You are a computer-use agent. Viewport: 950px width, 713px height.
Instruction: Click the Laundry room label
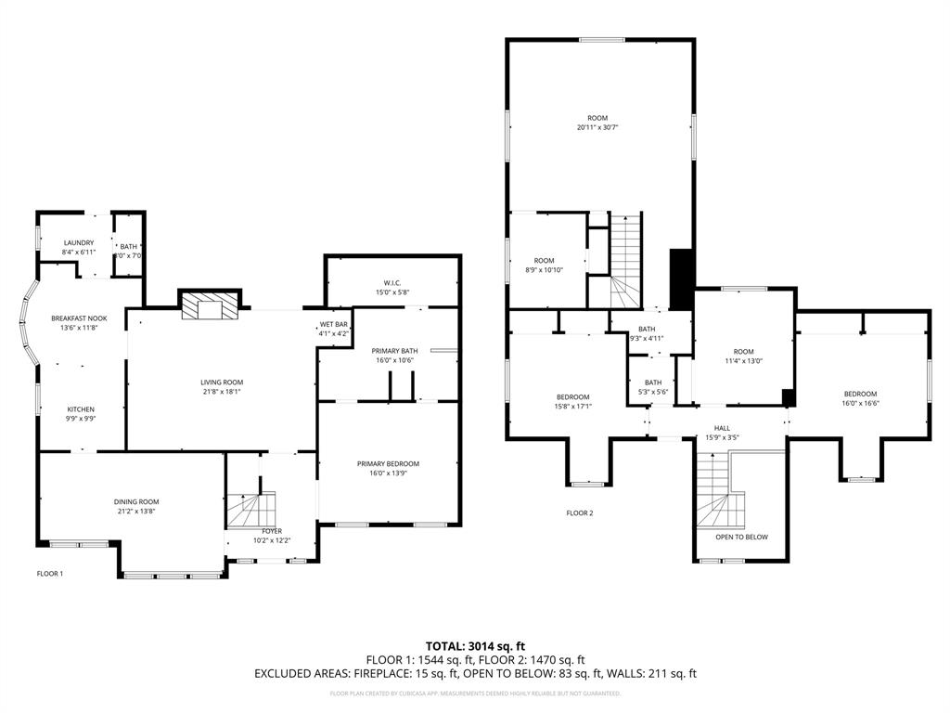pos(78,243)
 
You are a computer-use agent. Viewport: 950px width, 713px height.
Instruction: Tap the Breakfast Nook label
pos(79,318)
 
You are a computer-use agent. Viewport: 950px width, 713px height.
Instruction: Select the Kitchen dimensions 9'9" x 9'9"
pos(80,419)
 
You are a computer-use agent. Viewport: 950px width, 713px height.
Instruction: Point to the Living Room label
pos(222,382)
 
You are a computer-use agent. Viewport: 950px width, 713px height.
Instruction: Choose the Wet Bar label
pos(334,324)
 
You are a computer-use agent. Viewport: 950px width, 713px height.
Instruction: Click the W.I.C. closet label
pos(391,282)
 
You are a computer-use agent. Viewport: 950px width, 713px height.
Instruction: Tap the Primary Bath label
pos(394,350)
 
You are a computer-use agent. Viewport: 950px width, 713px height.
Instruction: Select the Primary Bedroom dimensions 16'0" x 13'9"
pos(388,473)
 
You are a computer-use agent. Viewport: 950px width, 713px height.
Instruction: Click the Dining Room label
pos(136,501)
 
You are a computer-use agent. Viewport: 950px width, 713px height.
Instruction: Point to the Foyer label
pos(272,531)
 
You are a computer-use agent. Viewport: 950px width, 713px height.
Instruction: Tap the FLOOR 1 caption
pos(50,574)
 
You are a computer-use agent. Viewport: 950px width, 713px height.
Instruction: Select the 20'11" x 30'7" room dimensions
pos(597,128)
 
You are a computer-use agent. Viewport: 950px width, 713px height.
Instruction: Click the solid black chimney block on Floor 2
pos(681,279)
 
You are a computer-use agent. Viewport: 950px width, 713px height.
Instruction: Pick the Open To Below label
pos(740,537)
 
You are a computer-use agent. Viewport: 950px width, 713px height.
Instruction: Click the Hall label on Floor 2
pos(722,428)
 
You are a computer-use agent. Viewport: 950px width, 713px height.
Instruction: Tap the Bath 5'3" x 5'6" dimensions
pos(653,393)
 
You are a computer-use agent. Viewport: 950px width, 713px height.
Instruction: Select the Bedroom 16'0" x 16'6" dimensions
pos(859,403)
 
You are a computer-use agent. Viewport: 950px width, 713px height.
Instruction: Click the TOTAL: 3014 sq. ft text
pos(475,645)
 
